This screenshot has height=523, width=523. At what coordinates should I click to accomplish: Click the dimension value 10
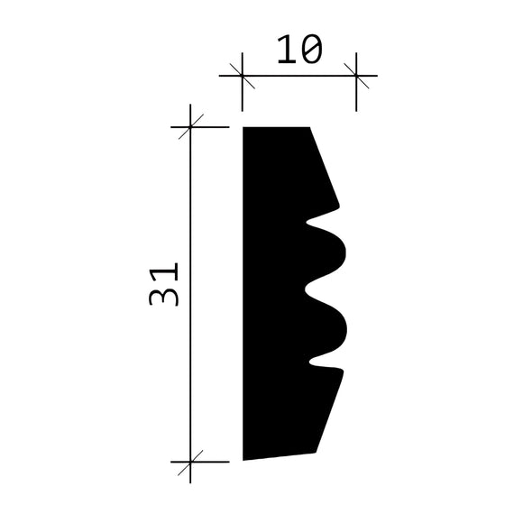click(298, 50)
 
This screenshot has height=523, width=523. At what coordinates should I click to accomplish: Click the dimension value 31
click(166, 285)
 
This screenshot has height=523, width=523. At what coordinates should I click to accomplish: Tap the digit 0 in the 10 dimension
click(309, 50)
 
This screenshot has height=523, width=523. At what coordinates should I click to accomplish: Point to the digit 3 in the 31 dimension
click(166, 296)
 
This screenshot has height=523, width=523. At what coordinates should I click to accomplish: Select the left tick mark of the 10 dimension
click(243, 76)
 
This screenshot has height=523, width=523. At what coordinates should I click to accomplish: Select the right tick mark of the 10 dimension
click(356, 76)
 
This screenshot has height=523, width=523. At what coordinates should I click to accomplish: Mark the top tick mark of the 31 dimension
click(190, 127)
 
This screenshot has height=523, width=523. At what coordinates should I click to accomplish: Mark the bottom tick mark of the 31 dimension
click(190, 461)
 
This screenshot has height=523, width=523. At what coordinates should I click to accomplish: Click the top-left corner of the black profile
click(244, 128)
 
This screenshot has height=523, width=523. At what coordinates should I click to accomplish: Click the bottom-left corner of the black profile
click(244, 459)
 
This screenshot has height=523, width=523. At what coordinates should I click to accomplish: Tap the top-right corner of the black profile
click(309, 128)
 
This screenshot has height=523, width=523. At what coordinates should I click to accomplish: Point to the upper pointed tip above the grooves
click(340, 208)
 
